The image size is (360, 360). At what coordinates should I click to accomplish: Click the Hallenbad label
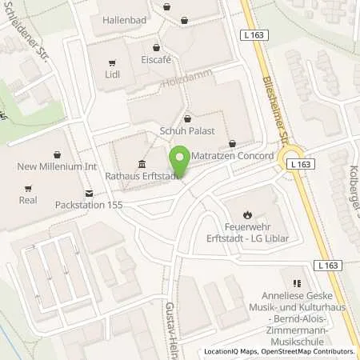124,18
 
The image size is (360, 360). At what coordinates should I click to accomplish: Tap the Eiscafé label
157,60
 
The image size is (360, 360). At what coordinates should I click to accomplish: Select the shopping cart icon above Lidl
112,61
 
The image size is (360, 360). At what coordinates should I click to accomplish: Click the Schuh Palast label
189,134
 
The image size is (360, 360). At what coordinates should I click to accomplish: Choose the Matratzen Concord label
235,156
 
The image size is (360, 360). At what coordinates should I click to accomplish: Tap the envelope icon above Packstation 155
89,192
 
